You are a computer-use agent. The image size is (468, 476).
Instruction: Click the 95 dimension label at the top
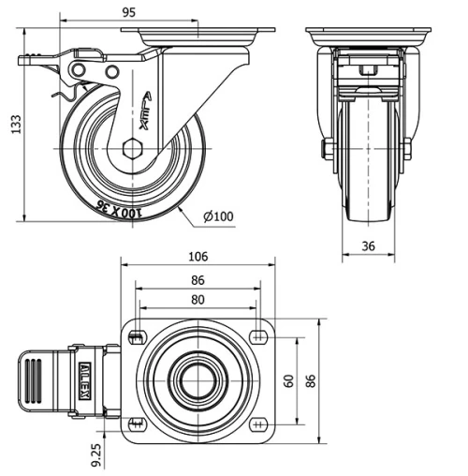[129, 11]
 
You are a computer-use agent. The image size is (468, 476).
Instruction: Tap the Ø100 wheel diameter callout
[217, 217]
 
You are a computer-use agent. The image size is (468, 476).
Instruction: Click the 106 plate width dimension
[197, 257]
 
